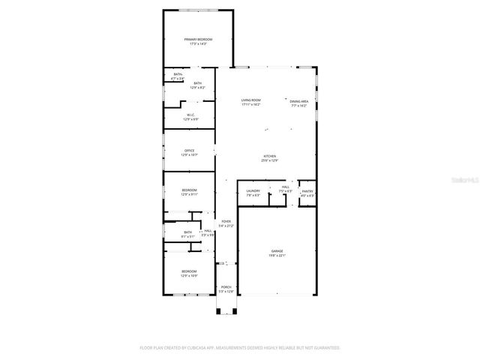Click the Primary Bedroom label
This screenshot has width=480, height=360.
click(x=199, y=39)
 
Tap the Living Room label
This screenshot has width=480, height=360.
click(x=250, y=100)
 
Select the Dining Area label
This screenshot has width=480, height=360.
click(x=299, y=100)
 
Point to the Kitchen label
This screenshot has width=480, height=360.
click(x=270, y=156)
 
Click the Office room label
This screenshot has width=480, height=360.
click(x=190, y=151)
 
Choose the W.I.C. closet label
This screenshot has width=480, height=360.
click(x=190, y=115)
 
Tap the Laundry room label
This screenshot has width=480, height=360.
click(x=253, y=190)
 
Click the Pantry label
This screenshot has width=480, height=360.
click(x=307, y=191)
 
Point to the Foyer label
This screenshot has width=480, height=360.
click(x=226, y=221)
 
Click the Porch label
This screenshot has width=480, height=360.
click(x=226, y=287)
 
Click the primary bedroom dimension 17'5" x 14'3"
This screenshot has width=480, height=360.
click(x=199, y=44)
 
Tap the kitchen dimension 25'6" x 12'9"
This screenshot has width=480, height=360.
click(x=270, y=160)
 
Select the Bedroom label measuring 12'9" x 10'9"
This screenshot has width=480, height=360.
click(x=188, y=271)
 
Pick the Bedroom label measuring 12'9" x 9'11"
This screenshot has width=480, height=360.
click(x=189, y=190)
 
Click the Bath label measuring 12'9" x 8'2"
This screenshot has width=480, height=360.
click(x=197, y=83)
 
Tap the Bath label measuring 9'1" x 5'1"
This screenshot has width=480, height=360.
click(x=188, y=232)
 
